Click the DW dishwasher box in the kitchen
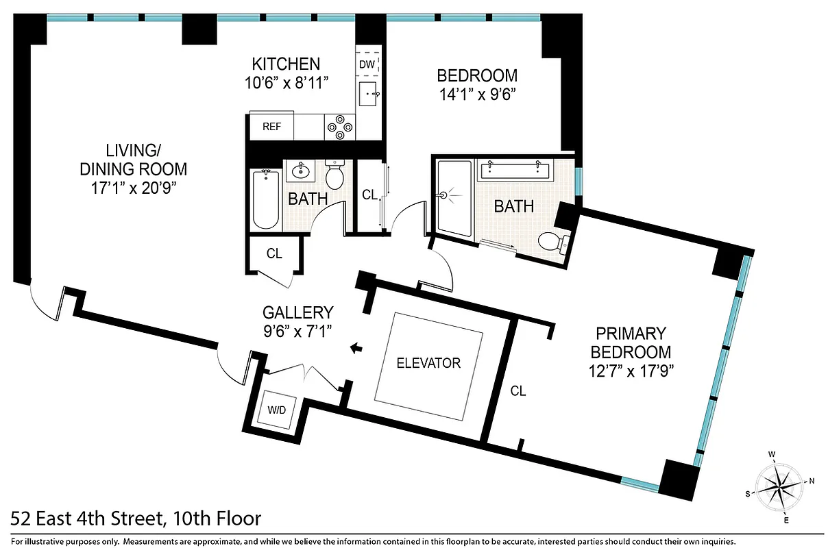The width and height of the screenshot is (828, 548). (367, 64)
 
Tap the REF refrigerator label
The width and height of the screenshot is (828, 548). (271, 127)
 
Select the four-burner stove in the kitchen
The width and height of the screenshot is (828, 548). (339, 127)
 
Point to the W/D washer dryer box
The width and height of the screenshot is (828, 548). (276, 412)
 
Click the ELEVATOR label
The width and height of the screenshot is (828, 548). (428, 363)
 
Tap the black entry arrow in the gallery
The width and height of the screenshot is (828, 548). (356, 349)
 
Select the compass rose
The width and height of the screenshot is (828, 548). (781, 486)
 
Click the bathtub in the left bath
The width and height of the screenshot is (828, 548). (266, 199)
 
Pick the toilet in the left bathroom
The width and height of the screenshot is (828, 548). (335, 176)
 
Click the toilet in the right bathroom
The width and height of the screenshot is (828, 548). (552, 242)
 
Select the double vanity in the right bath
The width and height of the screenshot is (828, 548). (516, 169)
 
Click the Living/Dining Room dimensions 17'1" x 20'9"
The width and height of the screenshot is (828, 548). (133, 188)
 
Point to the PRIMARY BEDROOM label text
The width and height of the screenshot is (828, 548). (631, 342)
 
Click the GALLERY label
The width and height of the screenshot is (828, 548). (298, 313)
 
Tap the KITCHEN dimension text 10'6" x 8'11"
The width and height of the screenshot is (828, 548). (286, 82)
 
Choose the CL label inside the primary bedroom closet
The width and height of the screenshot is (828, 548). (517, 391)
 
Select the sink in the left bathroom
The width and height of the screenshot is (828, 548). (300, 170)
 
